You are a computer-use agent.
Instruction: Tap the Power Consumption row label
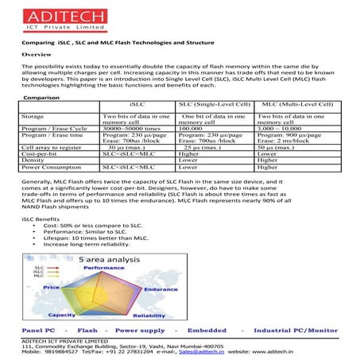(51, 168)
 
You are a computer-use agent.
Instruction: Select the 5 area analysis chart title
(108, 259)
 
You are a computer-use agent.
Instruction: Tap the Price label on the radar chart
(52, 286)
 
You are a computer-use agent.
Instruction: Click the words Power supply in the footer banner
(140, 329)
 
